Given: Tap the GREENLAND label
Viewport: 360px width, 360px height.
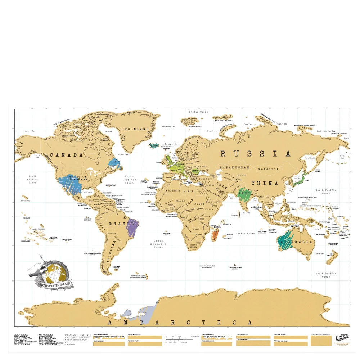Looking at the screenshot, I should click(135, 129).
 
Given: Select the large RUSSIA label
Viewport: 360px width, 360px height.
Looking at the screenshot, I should click(255, 154).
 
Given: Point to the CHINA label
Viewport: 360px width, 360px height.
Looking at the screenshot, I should click(265, 183).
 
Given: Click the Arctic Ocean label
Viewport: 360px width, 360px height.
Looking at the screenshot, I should click(199, 112).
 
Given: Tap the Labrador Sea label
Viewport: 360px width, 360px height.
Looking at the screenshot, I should click(122, 155).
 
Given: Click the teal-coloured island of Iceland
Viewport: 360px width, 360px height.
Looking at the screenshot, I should click(154, 145).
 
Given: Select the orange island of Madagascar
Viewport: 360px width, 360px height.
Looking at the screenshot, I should click(215, 235).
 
